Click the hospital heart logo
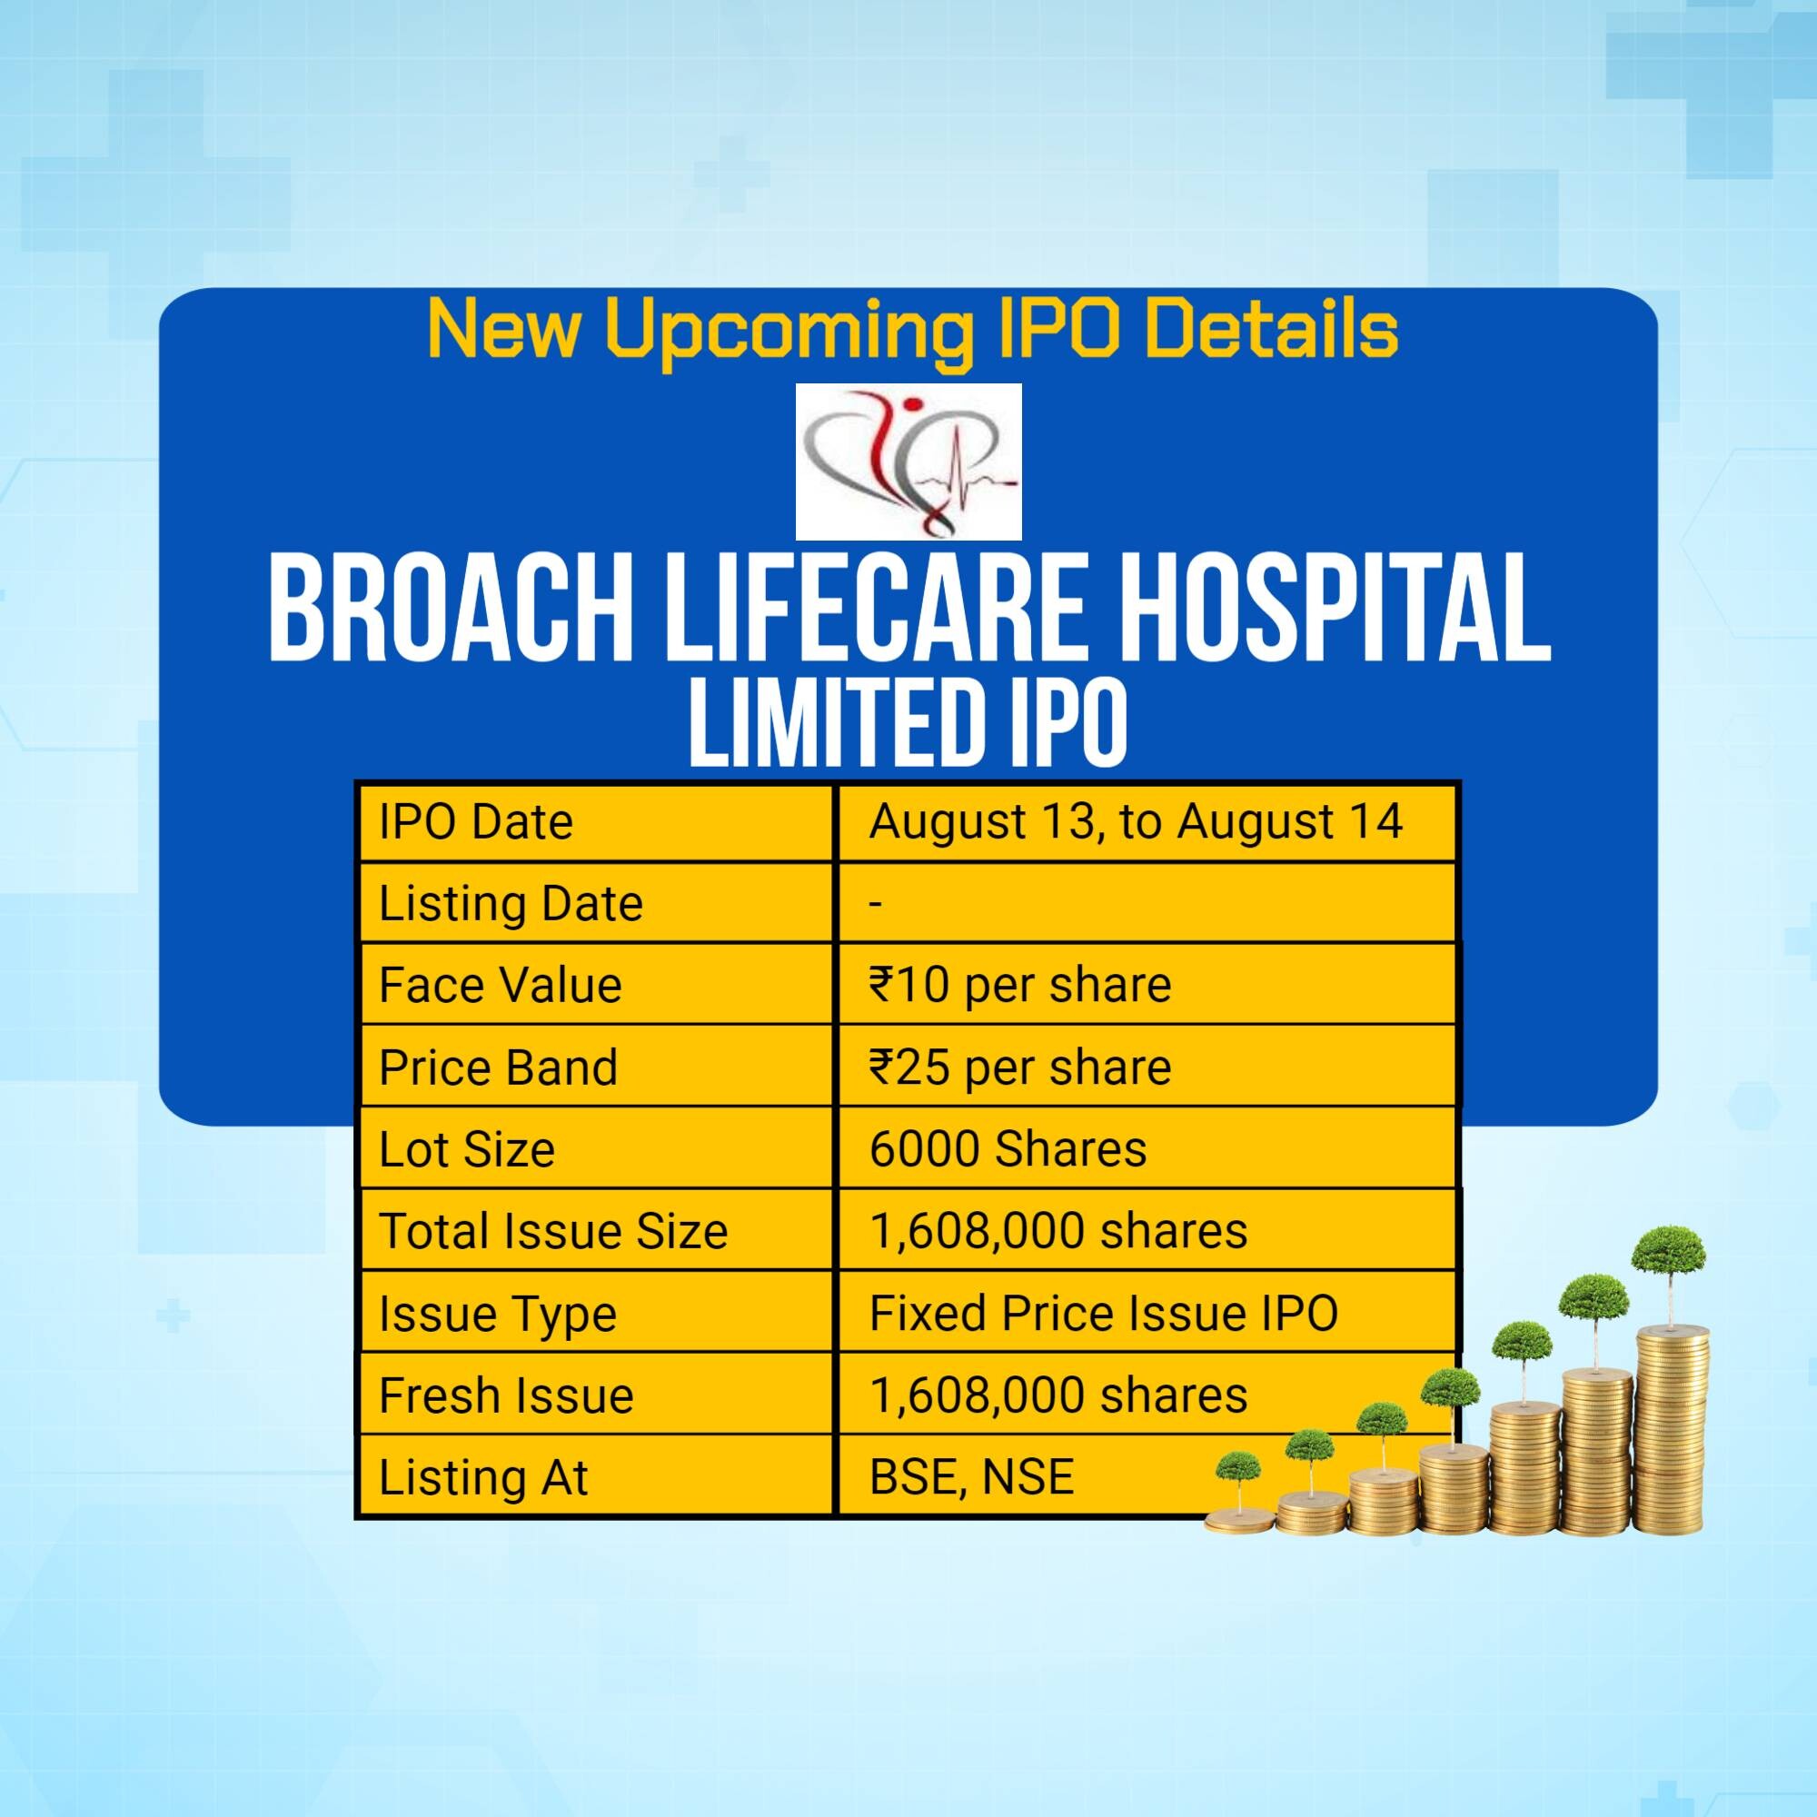pos(908,461)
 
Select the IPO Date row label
pos(476,822)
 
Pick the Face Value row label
pos(501,986)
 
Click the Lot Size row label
pos(466,1149)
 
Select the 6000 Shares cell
pos(1008,1149)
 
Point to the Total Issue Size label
pos(553,1231)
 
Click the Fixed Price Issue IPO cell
pos(1103,1314)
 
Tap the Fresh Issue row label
pos(506,1395)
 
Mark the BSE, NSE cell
pos(971,1477)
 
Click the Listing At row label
pos(483,1477)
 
